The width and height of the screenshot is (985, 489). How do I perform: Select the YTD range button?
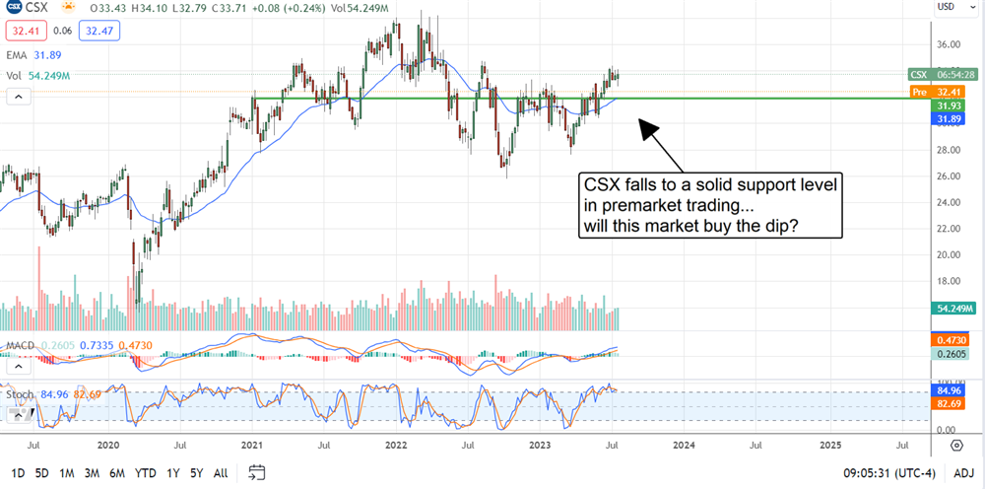[145, 473]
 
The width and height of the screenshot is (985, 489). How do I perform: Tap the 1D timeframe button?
[18, 473]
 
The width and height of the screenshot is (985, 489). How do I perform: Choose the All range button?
[221, 473]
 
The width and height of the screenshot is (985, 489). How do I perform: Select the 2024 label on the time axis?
[686, 446]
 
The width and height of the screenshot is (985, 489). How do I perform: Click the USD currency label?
[946, 7]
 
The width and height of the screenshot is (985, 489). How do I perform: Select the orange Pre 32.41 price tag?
[933, 92]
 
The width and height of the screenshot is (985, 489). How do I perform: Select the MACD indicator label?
[20, 345]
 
